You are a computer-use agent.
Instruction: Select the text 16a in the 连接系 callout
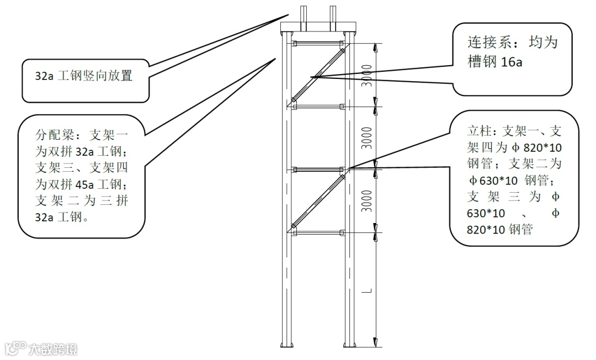tap(511, 62)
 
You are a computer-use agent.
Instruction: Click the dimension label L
tap(371, 290)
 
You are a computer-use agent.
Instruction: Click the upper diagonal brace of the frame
tap(317, 75)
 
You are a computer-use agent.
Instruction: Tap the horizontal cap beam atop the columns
tap(318, 27)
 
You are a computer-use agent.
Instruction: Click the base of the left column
tap(286, 345)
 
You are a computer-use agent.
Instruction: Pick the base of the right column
tap(349, 345)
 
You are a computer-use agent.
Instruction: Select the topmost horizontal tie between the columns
tap(318, 43)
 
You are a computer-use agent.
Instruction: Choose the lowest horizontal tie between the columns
tap(318, 232)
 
